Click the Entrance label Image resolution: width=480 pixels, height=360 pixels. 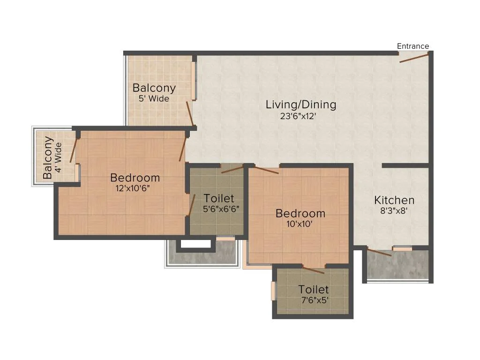coord(413,46)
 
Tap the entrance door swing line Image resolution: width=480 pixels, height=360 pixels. coord(414,58)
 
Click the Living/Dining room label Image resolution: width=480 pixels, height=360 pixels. coord(301,105)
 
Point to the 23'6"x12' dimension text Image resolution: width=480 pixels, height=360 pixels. coord(298,116)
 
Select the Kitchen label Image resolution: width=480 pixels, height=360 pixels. coord(394,200)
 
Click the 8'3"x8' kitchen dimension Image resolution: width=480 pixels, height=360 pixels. coord(394,211)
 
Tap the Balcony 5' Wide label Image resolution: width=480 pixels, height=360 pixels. coord(154,93)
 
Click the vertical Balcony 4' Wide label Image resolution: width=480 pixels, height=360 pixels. coord(52,157)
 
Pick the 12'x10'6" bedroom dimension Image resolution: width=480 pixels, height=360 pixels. coord(133,188)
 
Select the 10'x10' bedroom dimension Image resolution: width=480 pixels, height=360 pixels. coord(300,224)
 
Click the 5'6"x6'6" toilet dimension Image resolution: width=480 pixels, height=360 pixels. coord(221,209)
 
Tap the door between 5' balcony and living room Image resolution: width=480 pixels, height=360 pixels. coord(190,114)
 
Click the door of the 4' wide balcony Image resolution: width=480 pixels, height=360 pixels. coord(74,150)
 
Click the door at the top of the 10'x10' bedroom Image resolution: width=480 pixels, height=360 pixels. coord(266,170)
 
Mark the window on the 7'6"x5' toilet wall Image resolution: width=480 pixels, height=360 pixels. coord(274,291)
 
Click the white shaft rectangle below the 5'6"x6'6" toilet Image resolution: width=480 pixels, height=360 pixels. coord(195,244)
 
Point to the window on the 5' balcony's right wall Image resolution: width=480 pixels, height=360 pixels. coord(194,81)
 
